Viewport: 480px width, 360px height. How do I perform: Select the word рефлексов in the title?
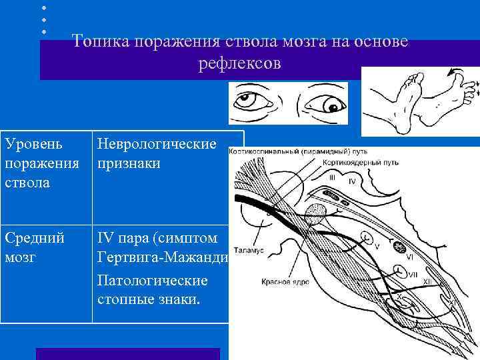pyautogui.click(x=240, y=65)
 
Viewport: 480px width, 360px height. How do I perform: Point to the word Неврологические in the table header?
pyautogui.click(x=157, y=145)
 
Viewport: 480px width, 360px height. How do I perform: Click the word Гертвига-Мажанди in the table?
pyautogui.click(x=163, y=257)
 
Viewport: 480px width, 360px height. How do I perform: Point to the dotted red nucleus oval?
pyautogui.click(x=315, y=213)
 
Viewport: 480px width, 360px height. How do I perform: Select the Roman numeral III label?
pyautogui.click(x=333, y=177)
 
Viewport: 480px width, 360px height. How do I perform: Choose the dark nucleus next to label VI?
pyautogui.click(x=400, y=247)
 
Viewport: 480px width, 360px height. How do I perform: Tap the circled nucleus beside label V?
pyautogui.click(x=365, y=236)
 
